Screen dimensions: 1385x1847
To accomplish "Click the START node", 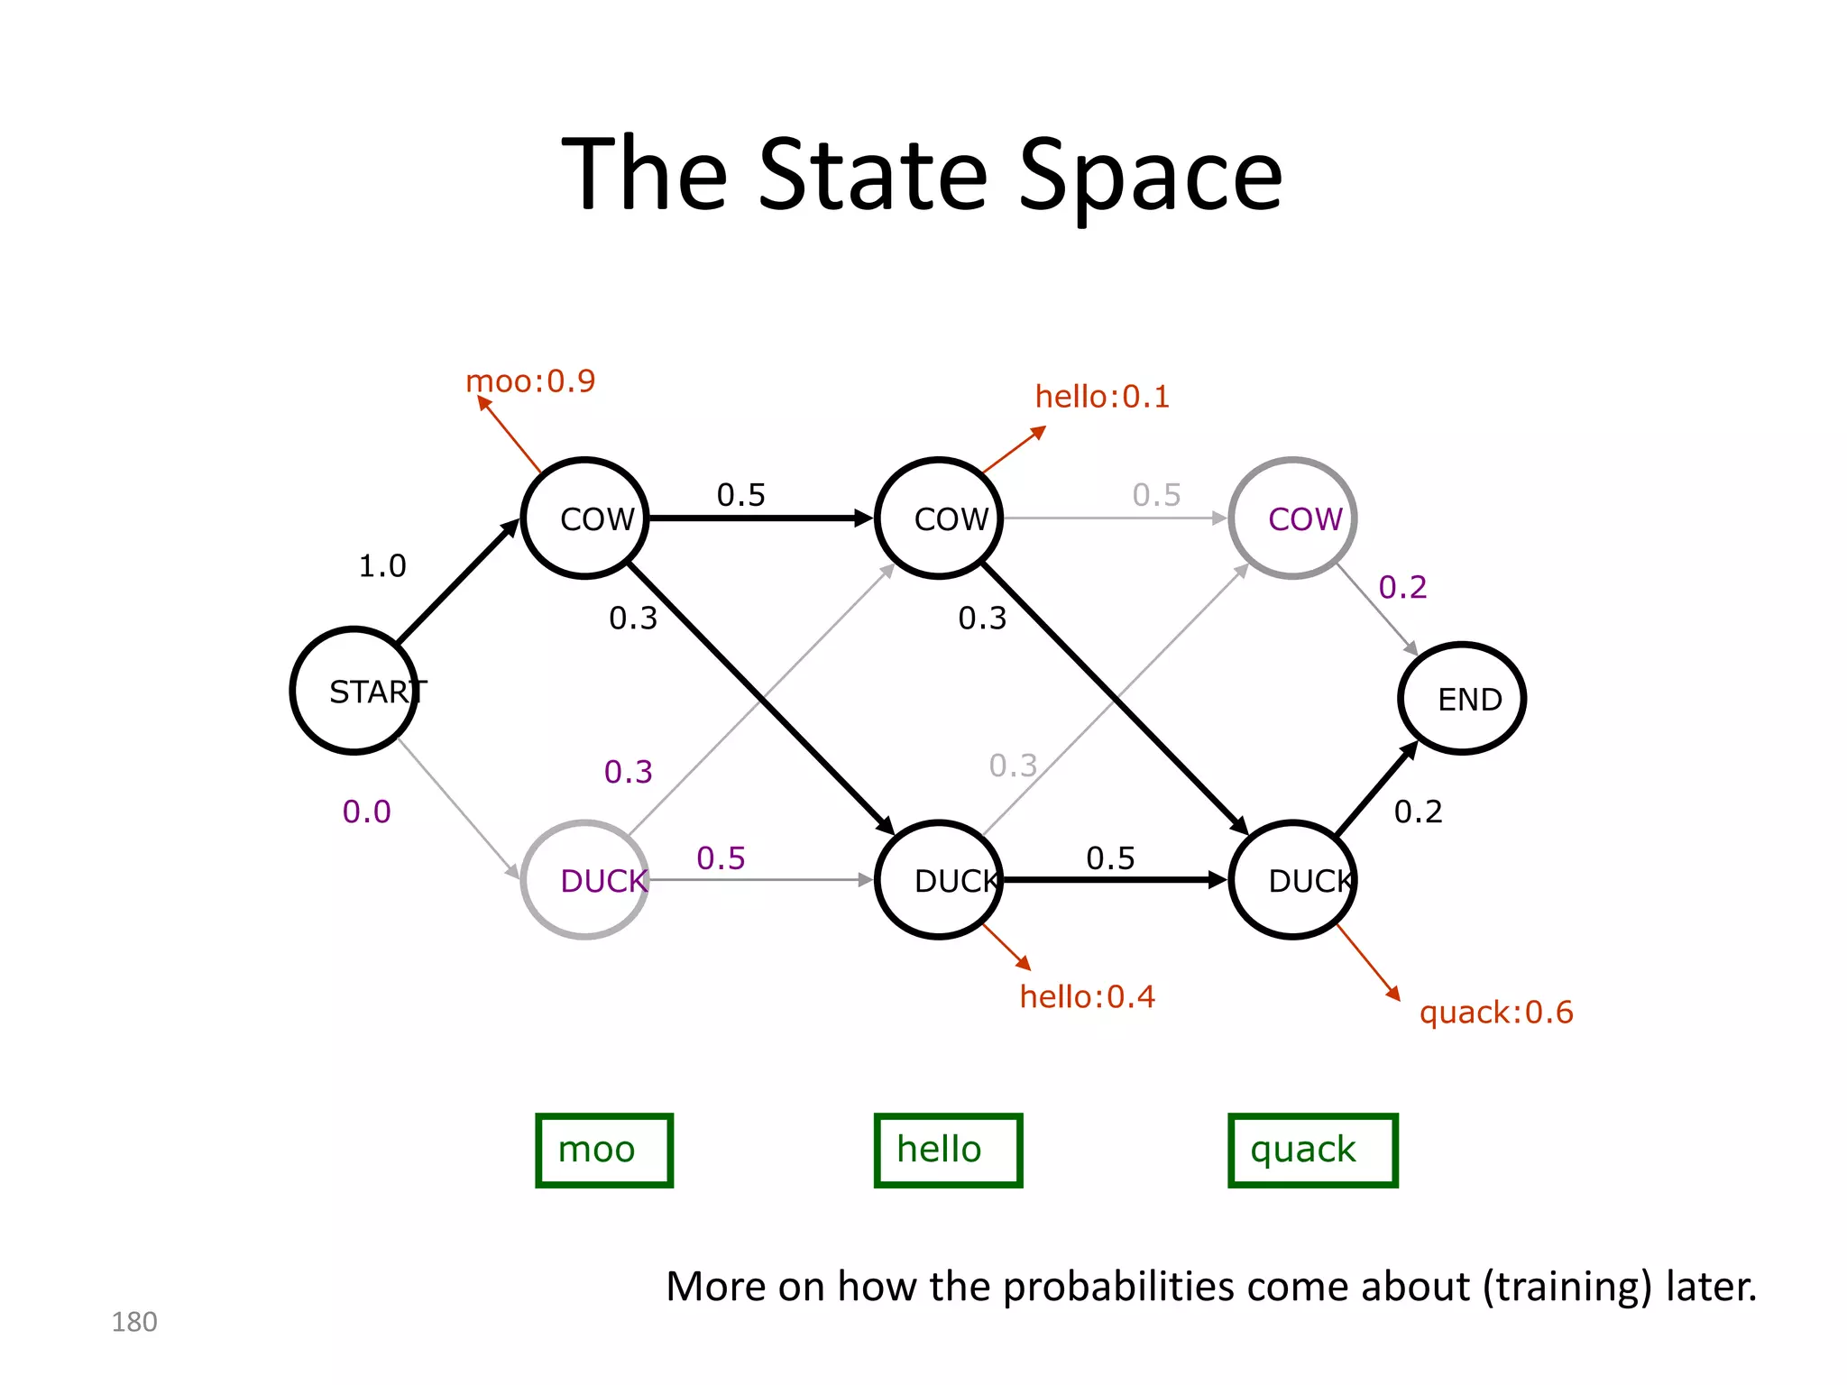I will [354, 691].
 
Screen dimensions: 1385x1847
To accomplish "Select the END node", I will [1462, 698].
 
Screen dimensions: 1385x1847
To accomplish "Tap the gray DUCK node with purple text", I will [585, 880].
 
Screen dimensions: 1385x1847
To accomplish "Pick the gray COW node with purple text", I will [1293, 518].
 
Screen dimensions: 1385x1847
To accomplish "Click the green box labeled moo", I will [604, 1151].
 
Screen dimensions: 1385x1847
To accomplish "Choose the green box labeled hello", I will [948, 1151].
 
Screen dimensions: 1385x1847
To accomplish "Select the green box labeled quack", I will [1312, 1151].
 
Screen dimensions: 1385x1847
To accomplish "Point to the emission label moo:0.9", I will [530, 381].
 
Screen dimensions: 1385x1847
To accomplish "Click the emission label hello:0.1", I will [1102, 397].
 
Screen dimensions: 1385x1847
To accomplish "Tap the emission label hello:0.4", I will [1088, 997].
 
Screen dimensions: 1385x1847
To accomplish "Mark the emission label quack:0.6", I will [1496, 1013].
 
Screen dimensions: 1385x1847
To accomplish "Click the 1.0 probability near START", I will [382, 566].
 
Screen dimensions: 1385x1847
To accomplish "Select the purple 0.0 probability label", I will [367, 812].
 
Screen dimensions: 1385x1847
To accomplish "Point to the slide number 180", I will [134, 1322].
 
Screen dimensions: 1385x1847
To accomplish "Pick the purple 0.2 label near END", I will [1403, 588].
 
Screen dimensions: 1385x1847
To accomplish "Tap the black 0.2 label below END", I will [1419, 812].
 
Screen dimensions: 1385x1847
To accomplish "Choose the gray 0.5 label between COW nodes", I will [1157, 495].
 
